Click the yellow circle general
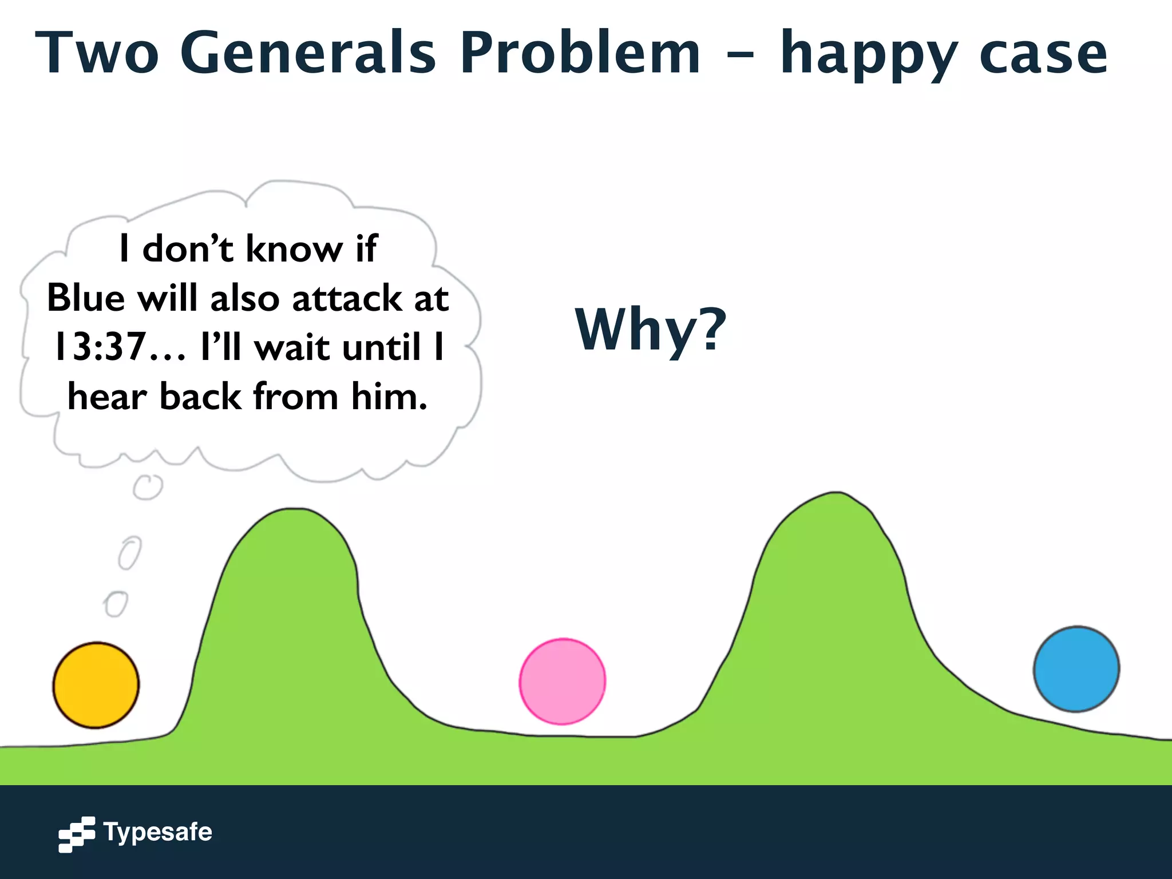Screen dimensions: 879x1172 (x=96, y=685)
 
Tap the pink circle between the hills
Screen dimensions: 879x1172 (x=562, y=681)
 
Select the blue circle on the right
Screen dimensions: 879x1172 (x=1076, y=669)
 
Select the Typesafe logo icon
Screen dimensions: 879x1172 (x=77, y=834)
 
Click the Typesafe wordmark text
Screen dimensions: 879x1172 (x=157, y=832)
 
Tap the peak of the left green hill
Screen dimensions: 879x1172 (x=293, y=510)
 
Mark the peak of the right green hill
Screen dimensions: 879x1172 (x=836, y=494)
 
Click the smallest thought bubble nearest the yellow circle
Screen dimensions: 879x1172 (x=116, y=604)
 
